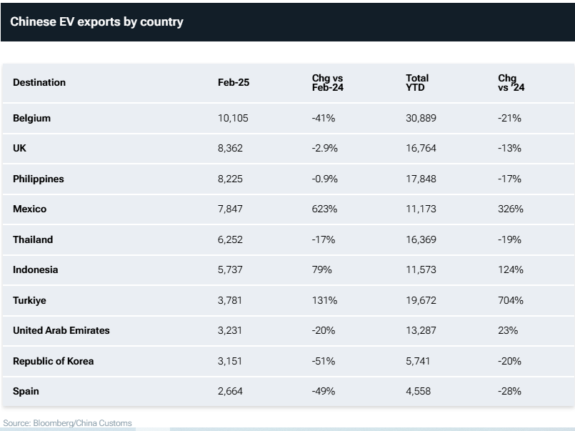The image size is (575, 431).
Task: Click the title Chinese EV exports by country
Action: tap(96, 21)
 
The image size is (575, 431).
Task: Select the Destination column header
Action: tap(39, 82)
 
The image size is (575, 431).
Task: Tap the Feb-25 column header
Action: tap(234, 82)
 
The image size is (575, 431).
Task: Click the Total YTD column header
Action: tap(417, 82)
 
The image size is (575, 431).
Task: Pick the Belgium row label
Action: tap(31, 118)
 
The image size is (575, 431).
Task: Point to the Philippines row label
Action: tap(39, 179)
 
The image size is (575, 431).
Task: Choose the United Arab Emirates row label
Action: tap(61, 331)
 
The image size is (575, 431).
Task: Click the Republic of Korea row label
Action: tap(54, 361)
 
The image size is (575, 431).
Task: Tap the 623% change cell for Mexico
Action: tap(324, 209)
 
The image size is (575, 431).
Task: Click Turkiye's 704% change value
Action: tap(511, 300)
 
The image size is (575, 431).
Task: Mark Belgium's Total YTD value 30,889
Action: tap(421, 118)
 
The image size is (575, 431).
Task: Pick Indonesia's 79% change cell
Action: tap(321, 270)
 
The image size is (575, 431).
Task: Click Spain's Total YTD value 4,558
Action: tap(418, 391)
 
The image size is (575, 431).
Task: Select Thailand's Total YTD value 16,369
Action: tap(421, 239)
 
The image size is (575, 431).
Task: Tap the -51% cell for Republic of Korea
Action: tap(324, 361)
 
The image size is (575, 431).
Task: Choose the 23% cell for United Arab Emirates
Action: tap(508, 331)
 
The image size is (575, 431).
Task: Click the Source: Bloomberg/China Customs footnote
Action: tap(68, 423)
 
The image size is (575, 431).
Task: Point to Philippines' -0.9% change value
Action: tap(325, 179)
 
